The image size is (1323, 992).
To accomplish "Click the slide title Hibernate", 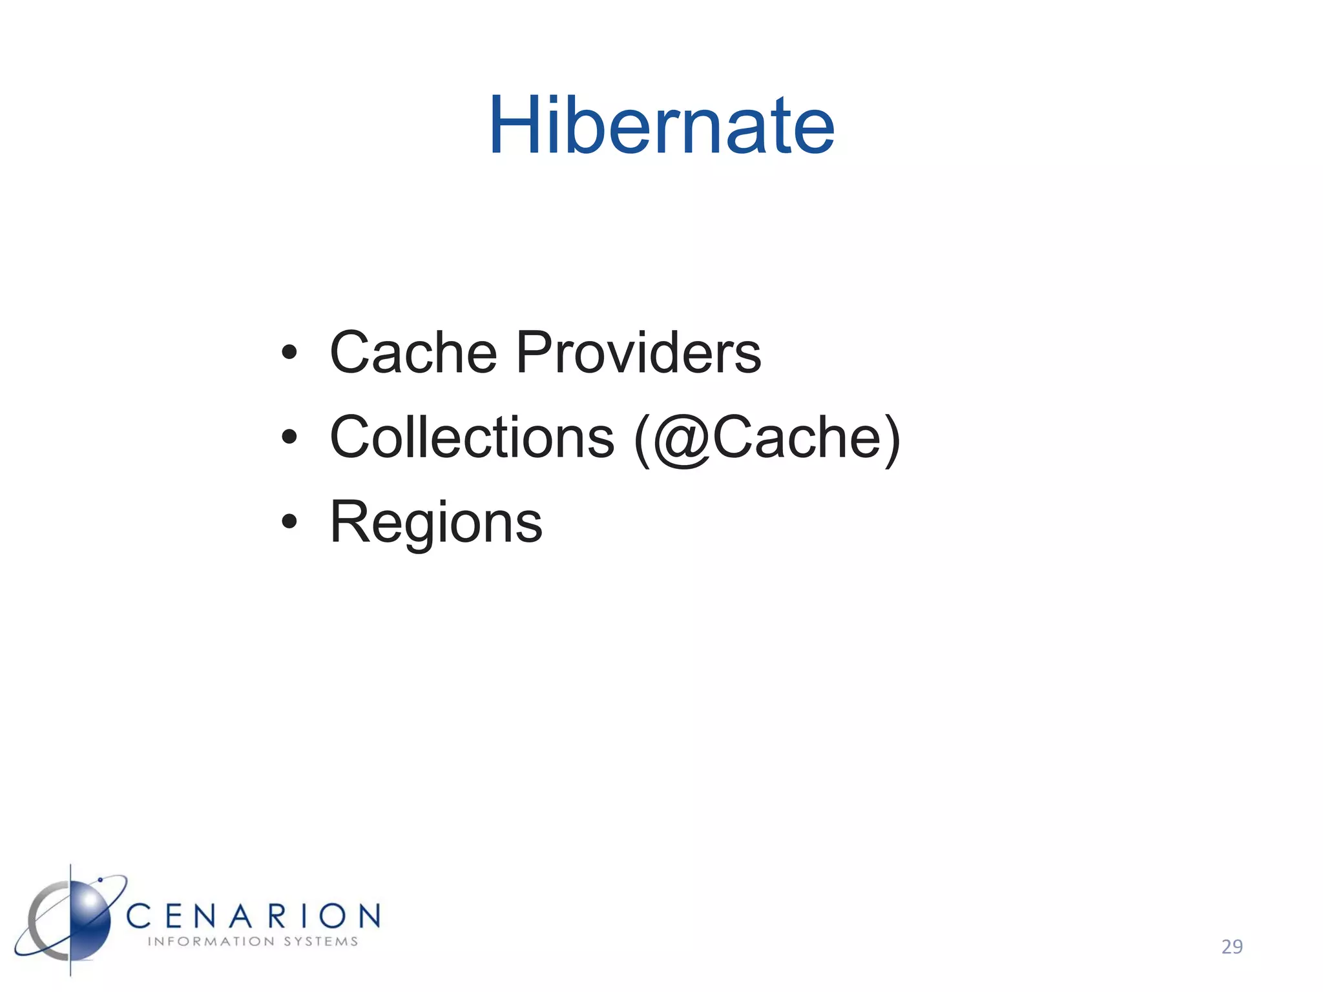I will [x=661, y=126].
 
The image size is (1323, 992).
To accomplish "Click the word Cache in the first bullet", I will [x=413, y=353].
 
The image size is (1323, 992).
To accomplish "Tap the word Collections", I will [x=472, y=438].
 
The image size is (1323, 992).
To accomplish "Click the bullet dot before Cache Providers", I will [x=289, y=353].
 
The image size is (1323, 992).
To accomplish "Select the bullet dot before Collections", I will [x=289, y=437].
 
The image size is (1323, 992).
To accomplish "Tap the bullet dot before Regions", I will [x=289, y=522].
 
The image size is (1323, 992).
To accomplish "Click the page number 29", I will [x=1232, y=947].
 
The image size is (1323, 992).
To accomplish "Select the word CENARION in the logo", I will [x=253, y=916].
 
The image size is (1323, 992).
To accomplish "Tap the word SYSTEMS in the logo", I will [x=321, y=942].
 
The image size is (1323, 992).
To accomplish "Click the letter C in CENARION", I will [x=138, y=916].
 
